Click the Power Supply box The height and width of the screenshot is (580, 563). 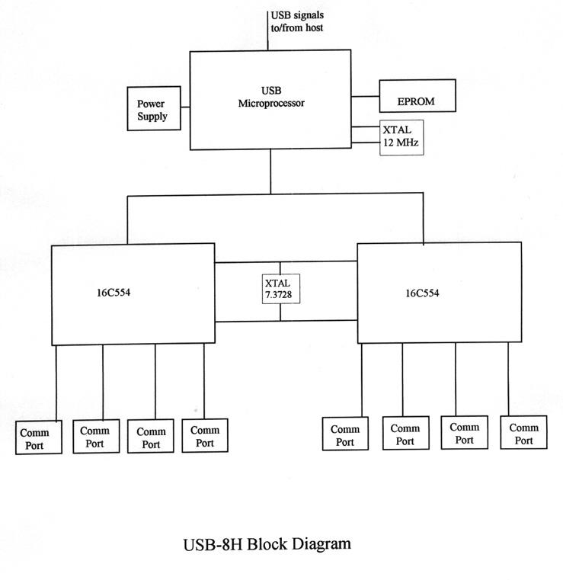(x=152, y=109)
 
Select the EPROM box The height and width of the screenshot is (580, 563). (x=417, y=96)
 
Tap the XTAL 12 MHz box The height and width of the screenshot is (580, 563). (x=401, y=137)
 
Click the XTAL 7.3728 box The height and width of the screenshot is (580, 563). (x=281, y=288)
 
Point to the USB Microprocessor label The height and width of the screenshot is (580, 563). (x=270, y=97)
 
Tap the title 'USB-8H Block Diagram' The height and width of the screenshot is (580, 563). (x=267, y=544)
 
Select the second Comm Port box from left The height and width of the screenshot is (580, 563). (x=96, y=436)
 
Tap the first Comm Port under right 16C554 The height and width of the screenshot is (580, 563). (x=345, y=435)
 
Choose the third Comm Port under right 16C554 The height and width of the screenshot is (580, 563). (x=464, y=433)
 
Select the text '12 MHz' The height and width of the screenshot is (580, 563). (x=401, y=143)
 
